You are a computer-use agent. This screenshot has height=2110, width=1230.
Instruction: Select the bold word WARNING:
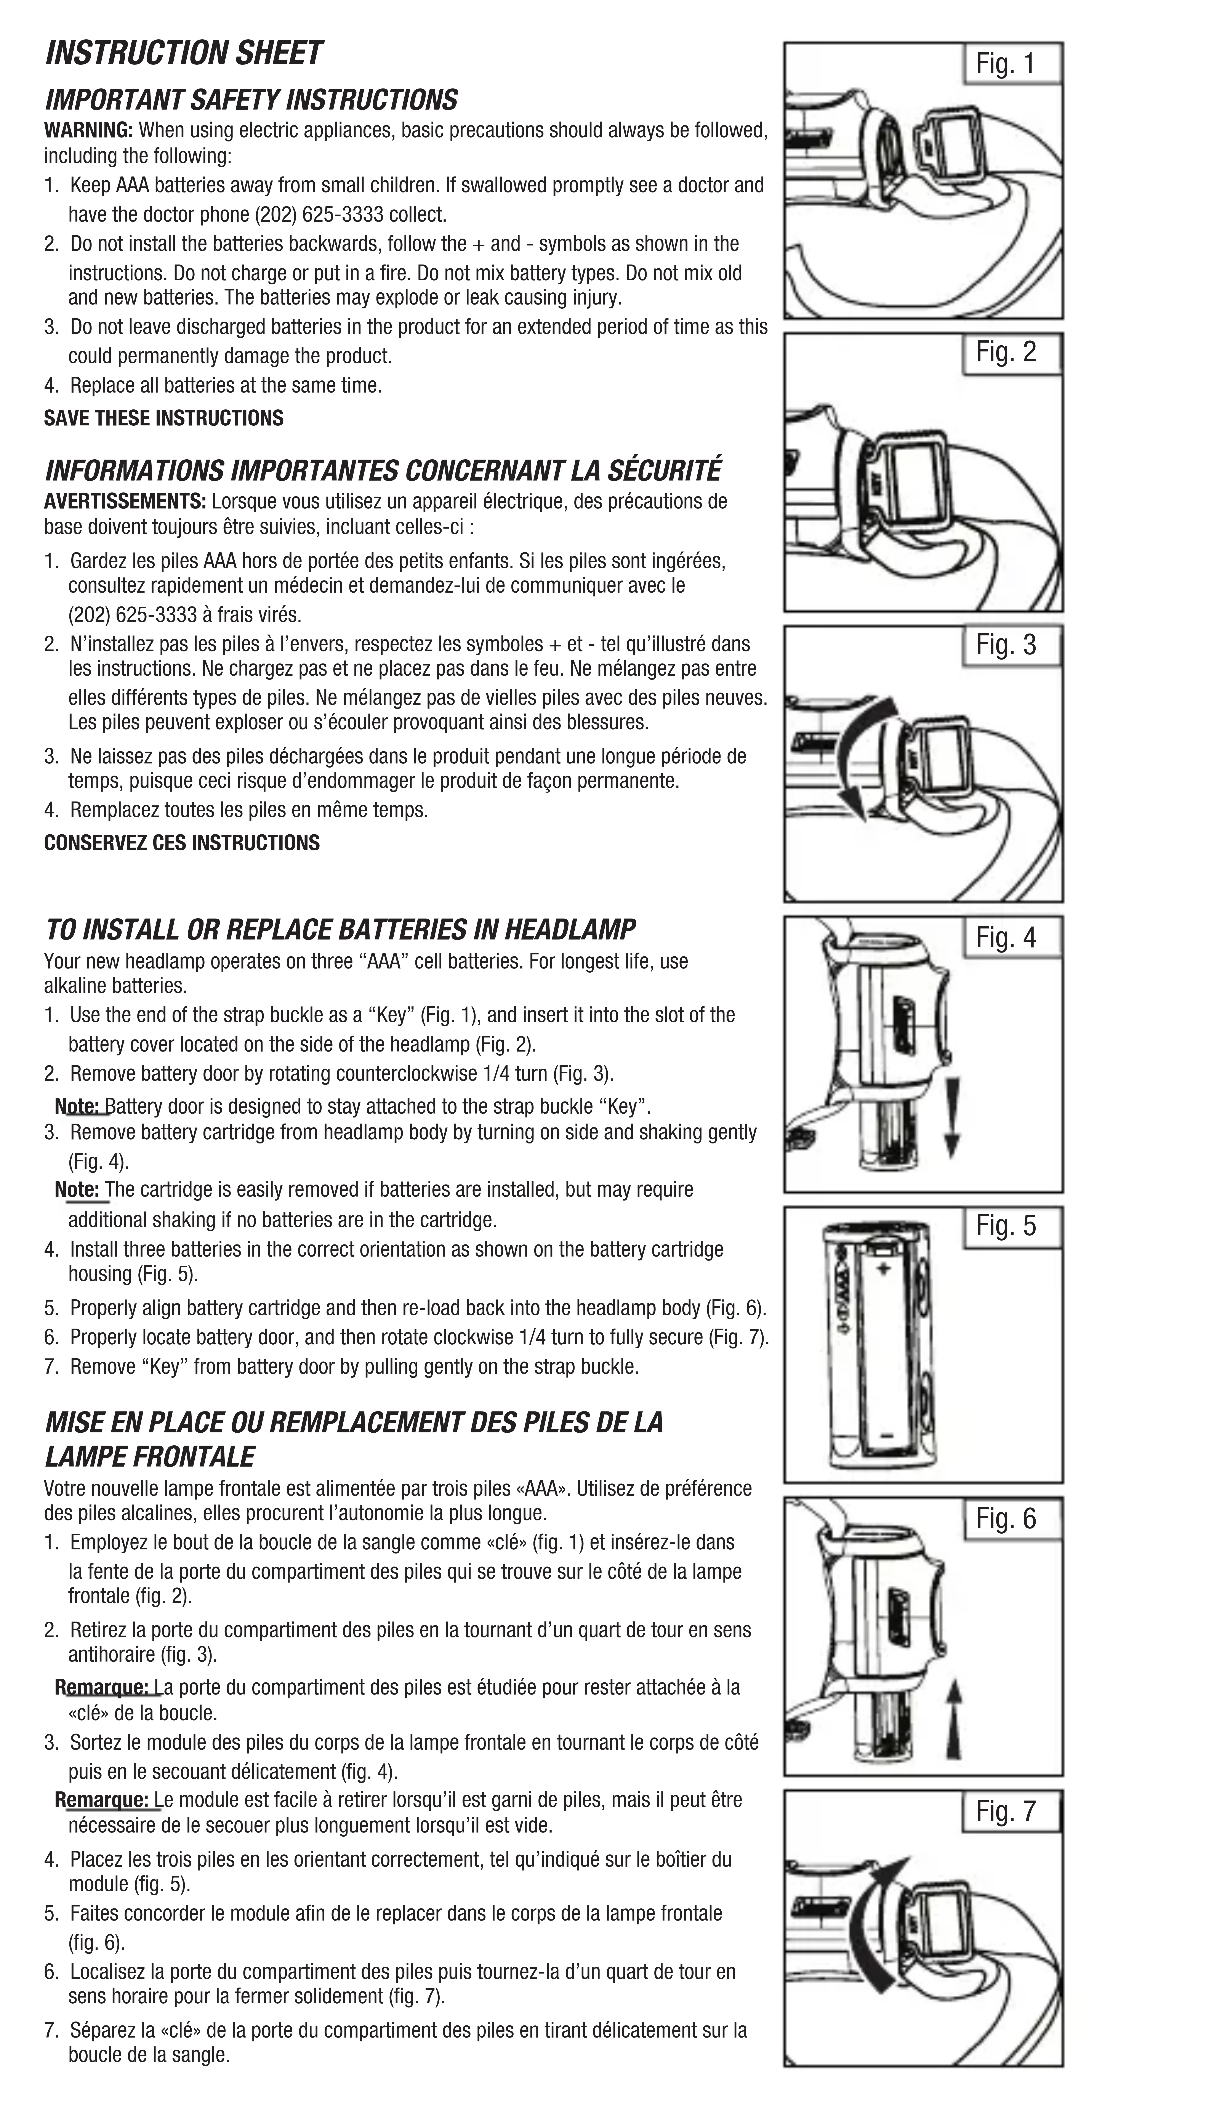[89, 131]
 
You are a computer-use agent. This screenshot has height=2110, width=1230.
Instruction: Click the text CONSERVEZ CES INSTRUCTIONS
[182, 843]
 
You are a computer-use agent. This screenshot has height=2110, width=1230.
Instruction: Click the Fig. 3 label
[1006, 645]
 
